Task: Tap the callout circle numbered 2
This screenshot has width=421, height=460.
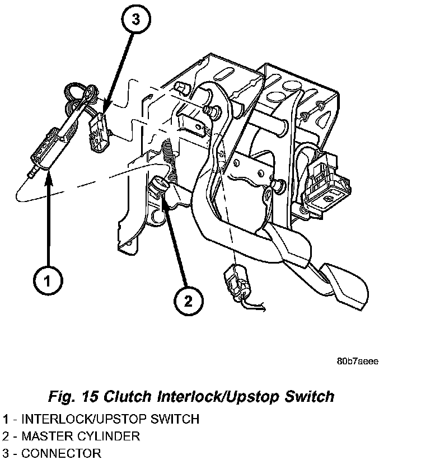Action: (188, 302)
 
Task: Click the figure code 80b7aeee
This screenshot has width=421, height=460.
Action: (357, 362)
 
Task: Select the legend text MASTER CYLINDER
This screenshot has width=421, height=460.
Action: (80, 435)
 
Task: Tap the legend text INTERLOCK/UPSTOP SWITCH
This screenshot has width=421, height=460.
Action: (110, 419)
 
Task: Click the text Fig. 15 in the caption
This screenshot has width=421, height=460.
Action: (69, 397)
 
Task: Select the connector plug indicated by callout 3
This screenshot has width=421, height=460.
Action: (99, 131)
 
